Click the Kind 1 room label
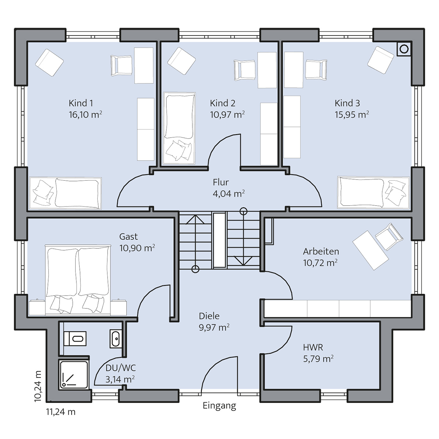[x=81, y=103]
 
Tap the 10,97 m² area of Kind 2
[x=227, y=115]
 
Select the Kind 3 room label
[x=347, y=103]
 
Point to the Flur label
[x=221, y=182]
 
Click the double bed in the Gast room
[x=78, y=280]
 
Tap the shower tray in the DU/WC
[x=74, y=375]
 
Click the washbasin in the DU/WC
[x=116, y=338]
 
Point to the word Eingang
[x=219, y=406]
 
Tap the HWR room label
[x=313, y=348]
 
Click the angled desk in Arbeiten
[x=371, y=250]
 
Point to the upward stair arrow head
[x=195, y=219]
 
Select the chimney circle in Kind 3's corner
[x=404, y=49]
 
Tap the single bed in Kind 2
[x=179, y=128]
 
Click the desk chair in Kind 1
[x=121, y=65]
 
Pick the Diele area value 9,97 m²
[x=214, y=327]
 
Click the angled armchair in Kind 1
[x=49, y=63]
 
